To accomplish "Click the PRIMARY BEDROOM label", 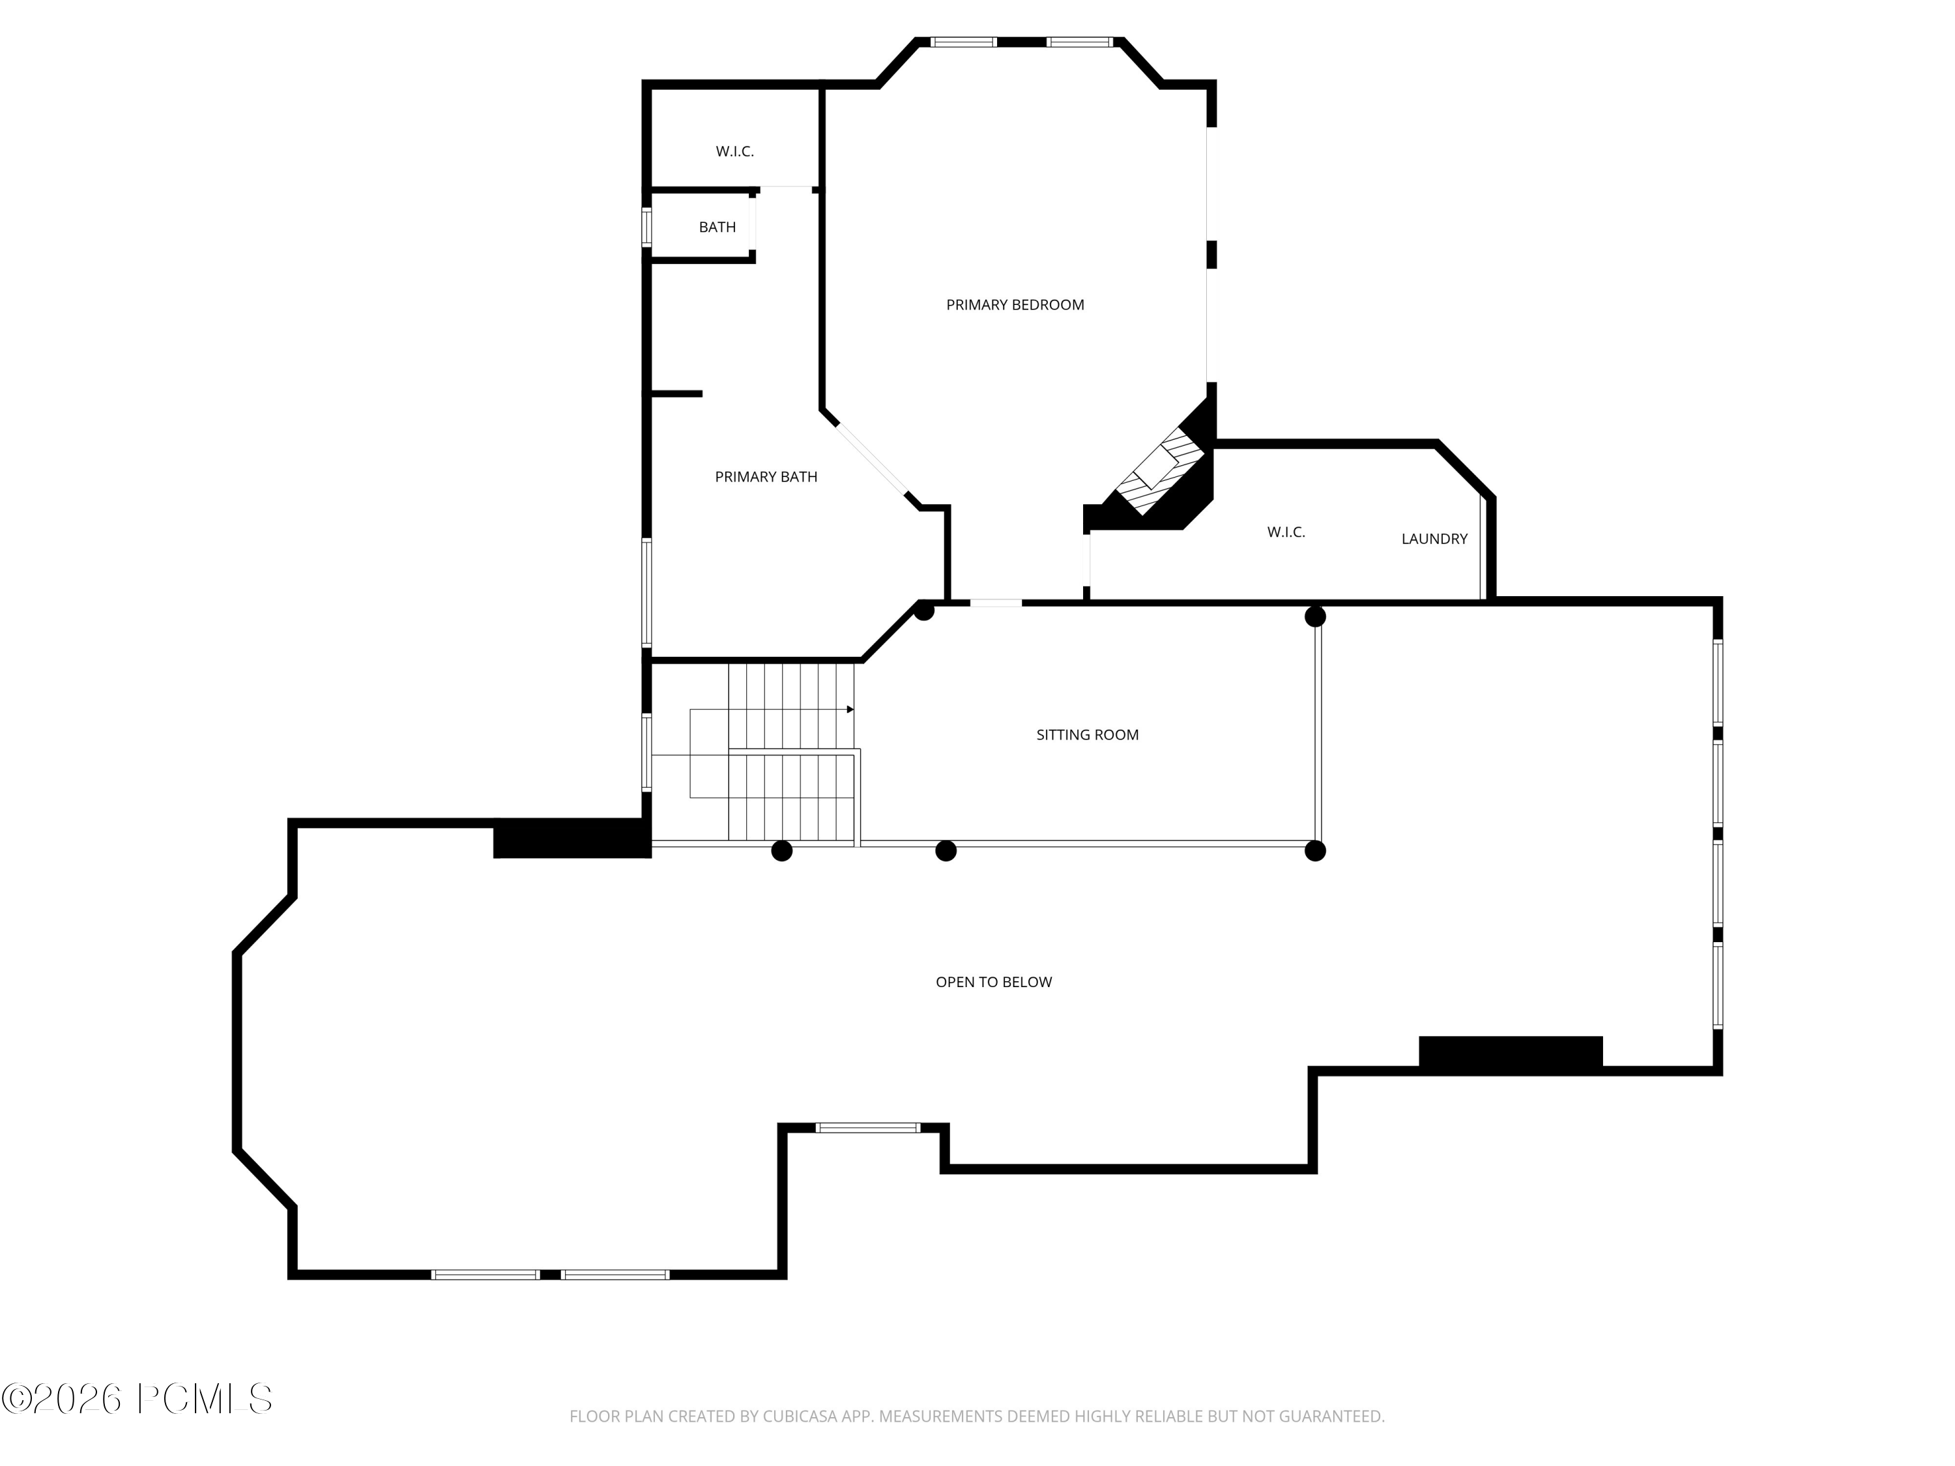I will (x=1015, y=305).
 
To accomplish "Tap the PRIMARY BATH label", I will (x=766, y=477).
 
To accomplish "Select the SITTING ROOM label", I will (x=1087, y=734).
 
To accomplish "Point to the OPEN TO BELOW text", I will (x=993, y=982).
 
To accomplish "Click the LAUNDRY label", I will (x=1434, y=538).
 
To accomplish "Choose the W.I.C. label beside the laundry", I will (x=1285, y=532).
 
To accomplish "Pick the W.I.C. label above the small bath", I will (x=734, y=152).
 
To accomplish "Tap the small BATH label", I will (x=717, y=227).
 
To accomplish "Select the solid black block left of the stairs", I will (x=572, y=838).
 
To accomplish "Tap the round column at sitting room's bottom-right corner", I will (x=1315, y=851).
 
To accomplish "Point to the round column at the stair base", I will (x=781, y=851).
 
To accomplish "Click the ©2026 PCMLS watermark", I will (x=137, y=1399).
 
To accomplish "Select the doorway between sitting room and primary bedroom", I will (x=996, y=603).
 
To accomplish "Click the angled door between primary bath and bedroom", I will (x=873, y=459).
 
